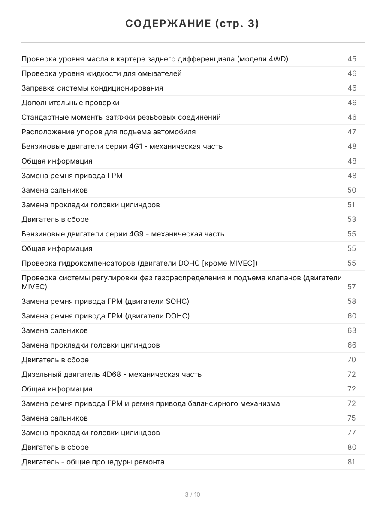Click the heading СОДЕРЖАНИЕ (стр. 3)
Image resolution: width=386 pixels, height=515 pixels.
[193, 24]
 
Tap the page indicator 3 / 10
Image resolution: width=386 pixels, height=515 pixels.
[193, 494]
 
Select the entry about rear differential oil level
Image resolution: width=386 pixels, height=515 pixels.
[155, 59]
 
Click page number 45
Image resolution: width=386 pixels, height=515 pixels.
[352, 59]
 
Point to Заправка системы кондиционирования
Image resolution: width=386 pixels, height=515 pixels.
[92, 88]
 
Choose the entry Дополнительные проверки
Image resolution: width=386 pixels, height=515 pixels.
[70, 103]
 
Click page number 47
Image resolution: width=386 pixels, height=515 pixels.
[352, 132]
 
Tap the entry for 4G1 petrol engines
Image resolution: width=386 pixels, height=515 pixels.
[122, 147]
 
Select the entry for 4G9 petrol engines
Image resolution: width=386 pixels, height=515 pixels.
[123, 234]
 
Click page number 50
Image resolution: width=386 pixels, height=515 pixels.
[352, 191]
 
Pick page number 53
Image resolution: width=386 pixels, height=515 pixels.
[352, 220]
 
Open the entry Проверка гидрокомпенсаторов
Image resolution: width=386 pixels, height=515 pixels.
[139, 264]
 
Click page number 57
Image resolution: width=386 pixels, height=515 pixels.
[352, 287]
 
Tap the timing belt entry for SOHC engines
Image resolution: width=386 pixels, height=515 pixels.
[106, 302]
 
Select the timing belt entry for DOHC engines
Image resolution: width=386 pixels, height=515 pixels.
[106, 316]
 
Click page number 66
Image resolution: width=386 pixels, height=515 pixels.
[352, 345]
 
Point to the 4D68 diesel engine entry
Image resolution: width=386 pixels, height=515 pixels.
[112, 375]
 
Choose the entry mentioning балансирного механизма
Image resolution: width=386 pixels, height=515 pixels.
[151, 404]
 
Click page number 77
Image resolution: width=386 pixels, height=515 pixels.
[352, 433]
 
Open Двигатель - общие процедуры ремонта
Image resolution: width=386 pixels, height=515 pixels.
[93, 462]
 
